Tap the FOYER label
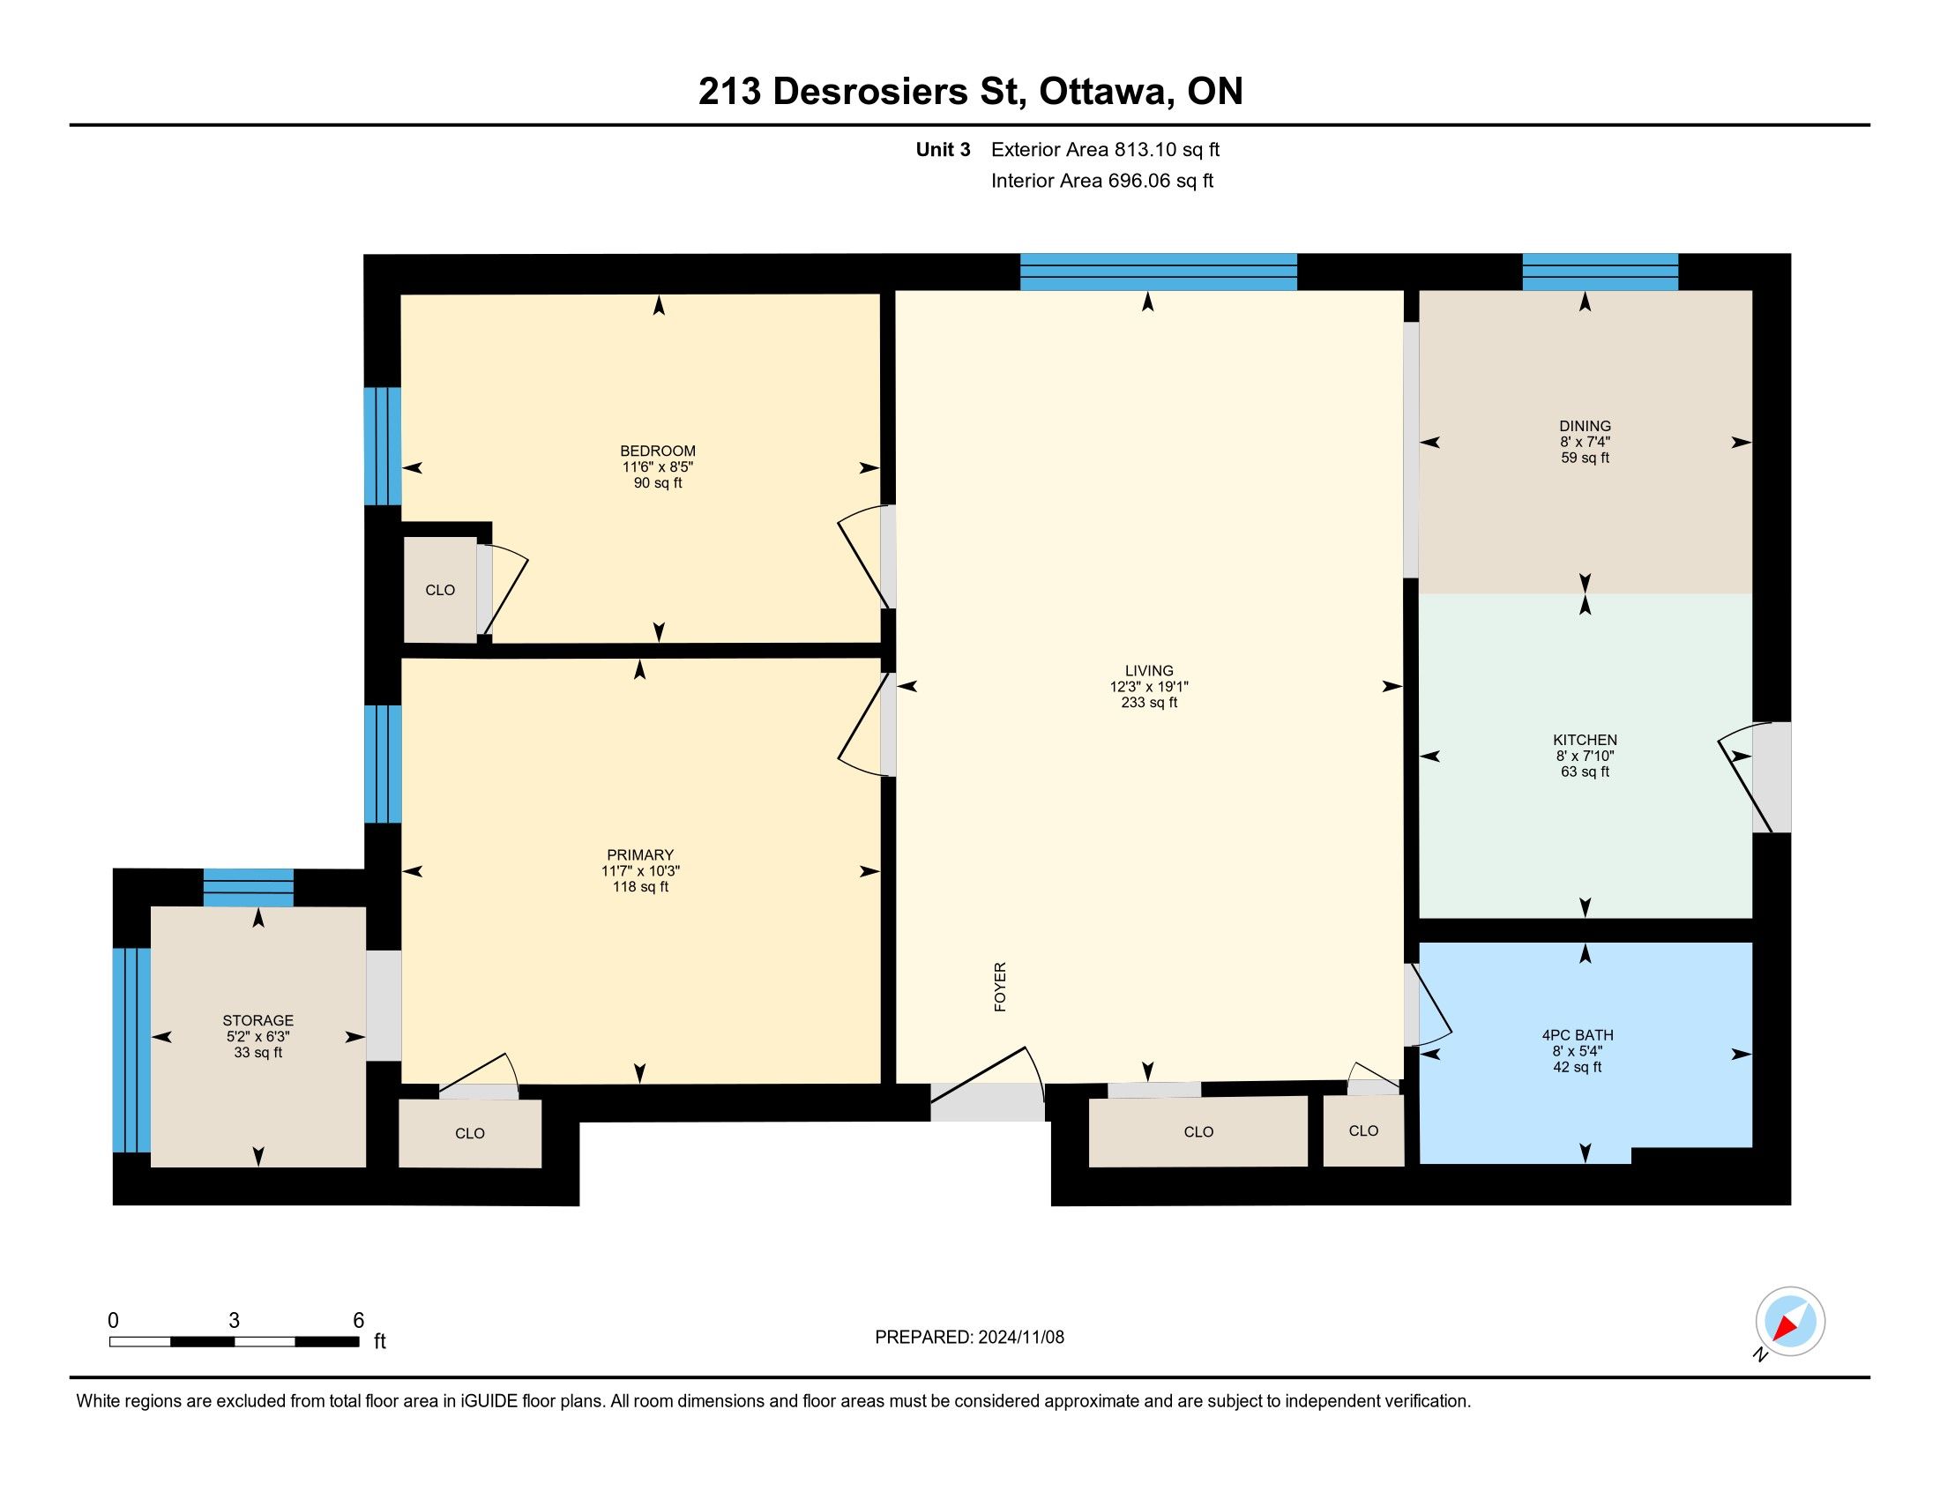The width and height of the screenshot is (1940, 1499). click(1000, 987)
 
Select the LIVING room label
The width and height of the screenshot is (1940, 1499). click(1148, 670)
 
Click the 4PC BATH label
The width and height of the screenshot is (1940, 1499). click(1578, 1034)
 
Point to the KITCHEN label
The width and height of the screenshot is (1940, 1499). click(1585, 740)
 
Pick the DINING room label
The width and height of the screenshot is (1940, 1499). click(1585, 426)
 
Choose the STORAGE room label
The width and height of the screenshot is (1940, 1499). click(257, 1020)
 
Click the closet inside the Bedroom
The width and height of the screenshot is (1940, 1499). click(441, 590)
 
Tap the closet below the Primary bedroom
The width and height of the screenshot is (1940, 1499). click(470, 1133)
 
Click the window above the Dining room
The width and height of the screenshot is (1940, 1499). click(1600, 272)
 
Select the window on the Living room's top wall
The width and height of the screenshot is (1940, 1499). click(1159, 272)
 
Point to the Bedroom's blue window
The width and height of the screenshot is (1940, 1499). click(383, 446)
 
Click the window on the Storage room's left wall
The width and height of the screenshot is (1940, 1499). click(131, 1049)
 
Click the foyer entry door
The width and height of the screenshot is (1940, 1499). click(988, 1085)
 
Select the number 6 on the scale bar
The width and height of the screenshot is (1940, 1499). click(359, 1321)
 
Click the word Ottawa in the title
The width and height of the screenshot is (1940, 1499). click(1105, 91)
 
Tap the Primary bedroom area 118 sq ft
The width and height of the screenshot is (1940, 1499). click(640, 887)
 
